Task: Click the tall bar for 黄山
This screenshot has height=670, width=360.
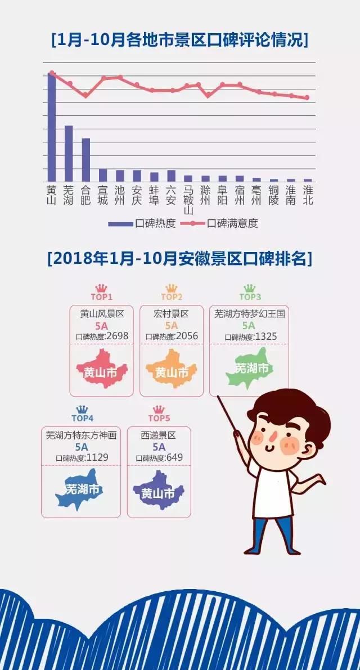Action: (x=51, y=127)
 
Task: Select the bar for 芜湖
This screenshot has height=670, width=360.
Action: (x=69, y=153)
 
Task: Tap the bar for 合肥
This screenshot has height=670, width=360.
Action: (x=85, y=159)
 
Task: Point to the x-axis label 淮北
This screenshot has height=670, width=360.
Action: (x=308, y=195)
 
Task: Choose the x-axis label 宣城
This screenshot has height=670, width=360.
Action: (x=102, y=195)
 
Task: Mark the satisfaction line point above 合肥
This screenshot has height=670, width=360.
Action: (x=85, y=96)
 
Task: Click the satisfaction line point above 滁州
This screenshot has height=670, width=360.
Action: (x=208, y=96)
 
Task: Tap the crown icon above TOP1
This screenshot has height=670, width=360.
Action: (x=101, y=288)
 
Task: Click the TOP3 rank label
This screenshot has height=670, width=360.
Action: (x=250, y=297)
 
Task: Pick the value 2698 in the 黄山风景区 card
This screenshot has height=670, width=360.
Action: (x=116, y=336)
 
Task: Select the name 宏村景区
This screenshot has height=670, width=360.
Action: (x=171, y=314)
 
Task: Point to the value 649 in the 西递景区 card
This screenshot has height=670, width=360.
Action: (x=174, y=458)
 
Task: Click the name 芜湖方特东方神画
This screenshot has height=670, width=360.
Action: (x=81, y=435)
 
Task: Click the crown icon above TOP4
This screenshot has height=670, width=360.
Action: (x=83, y=409)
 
